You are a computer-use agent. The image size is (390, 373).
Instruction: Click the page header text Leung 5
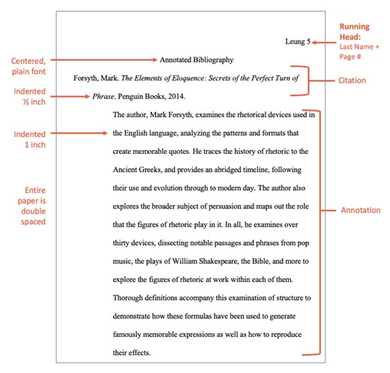(x=298, y=43)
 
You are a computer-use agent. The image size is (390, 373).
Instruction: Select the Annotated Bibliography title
(x=196, y=59)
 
